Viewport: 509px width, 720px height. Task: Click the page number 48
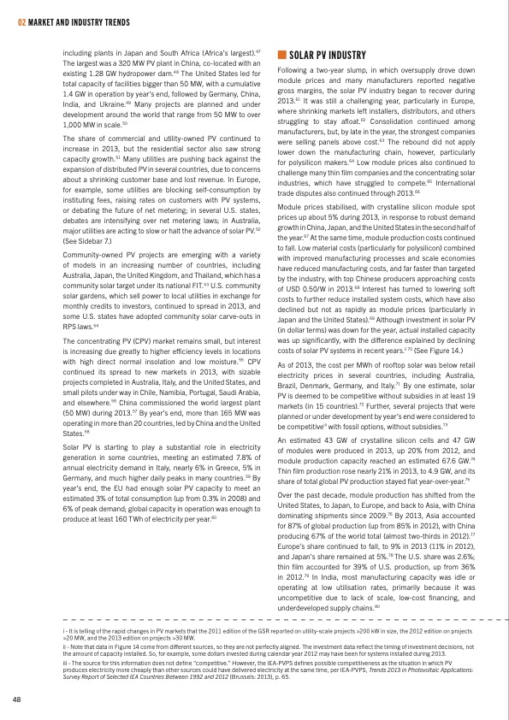click(x=16, y=699)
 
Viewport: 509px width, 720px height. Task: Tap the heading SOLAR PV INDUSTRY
click(x=327, y=55)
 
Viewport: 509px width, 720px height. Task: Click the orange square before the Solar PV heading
click(x=282, y=55)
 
